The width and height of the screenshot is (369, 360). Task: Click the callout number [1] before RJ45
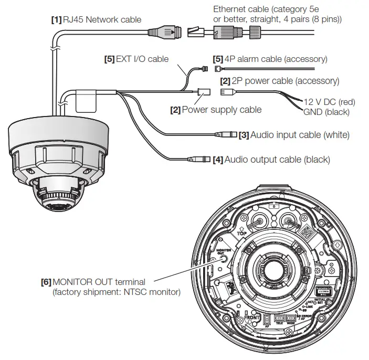56,20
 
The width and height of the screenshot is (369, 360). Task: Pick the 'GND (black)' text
325,112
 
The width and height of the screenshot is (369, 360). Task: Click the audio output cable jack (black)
199,158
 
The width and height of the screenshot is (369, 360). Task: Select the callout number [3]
244,135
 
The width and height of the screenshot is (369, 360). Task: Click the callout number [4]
218,158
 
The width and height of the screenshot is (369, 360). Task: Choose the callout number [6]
46,282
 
